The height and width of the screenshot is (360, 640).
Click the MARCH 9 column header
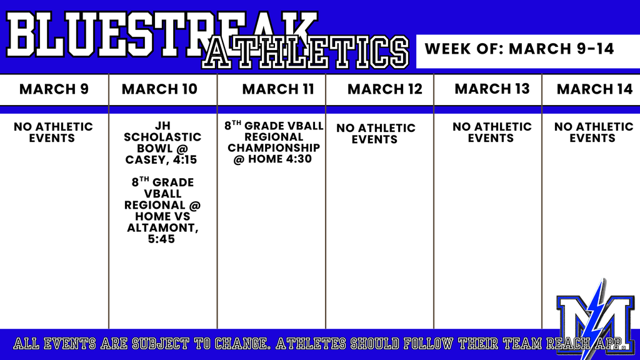[54, 89]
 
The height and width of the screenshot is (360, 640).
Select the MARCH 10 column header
[159, 89]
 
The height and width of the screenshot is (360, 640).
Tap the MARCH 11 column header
[278, 89]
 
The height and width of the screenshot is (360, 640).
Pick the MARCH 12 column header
[385, 89]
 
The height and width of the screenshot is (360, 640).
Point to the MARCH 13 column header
[492, 89]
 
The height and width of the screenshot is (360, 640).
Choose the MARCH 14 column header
[595, 89]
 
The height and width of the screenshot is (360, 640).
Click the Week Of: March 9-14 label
[519, 49]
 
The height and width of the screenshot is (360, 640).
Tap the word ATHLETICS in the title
[306, 52]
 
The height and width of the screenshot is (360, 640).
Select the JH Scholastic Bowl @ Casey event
[162, 143]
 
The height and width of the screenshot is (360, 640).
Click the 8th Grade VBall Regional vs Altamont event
[162, 210]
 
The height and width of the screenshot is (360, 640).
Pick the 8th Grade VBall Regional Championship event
[274, 142]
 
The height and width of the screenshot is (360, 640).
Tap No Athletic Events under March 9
[53, 132]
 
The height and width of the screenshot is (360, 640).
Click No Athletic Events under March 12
[376, 134]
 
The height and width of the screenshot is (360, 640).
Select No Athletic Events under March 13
[492, 132]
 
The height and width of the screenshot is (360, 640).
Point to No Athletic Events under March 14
[594, 132]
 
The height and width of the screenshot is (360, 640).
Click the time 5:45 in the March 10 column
[161, 239]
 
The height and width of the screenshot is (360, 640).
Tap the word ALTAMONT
[162, 227]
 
